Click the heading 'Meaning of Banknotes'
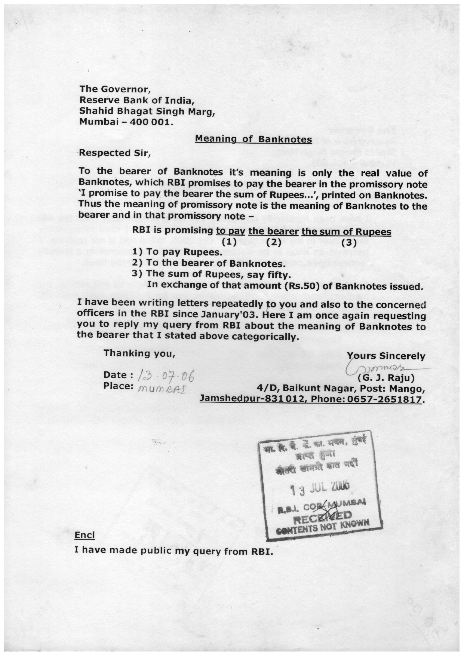coord(253,140)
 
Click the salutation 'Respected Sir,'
coord(114,153)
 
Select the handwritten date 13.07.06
coord(166,374)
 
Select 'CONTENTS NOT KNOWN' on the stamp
coord(323,527)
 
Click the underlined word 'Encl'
coord(84,535)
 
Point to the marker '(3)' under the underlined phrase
coord(349,242)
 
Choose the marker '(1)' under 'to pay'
coord(229,242)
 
